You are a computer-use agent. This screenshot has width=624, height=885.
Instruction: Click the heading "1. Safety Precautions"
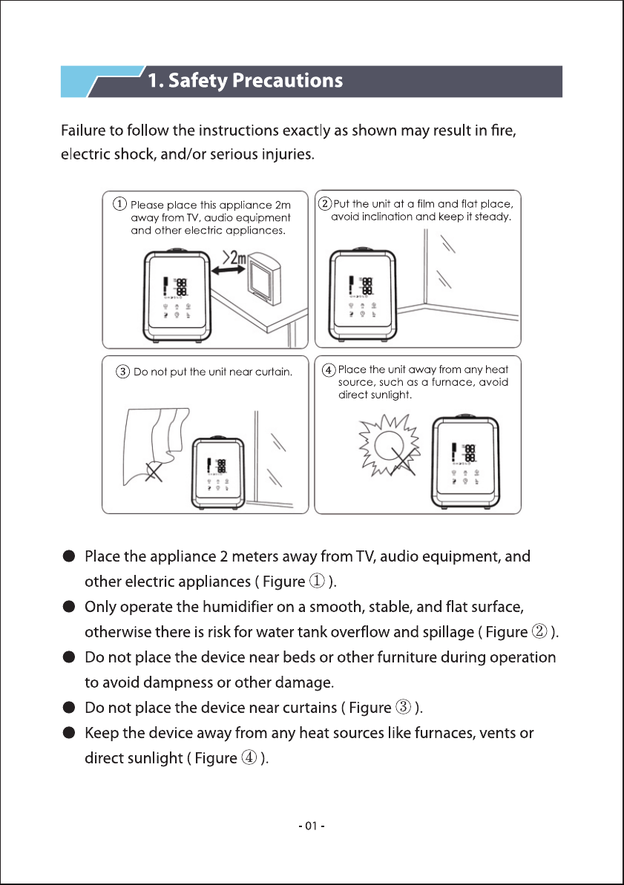click(x=245, y=81)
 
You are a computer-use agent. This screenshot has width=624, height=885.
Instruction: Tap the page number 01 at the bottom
click(x=311, y=826)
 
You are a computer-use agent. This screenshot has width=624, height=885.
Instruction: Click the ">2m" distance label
click(x=235, y=258)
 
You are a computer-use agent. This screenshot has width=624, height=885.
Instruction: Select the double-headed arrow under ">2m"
click(x=228, y=271)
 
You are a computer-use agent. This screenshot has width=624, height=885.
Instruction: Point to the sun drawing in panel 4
click(x=390, y=445)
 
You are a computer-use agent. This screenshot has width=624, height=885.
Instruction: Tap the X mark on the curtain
click(x=152, y=471)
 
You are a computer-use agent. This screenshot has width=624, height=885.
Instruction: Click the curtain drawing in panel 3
click(x=154, y=446)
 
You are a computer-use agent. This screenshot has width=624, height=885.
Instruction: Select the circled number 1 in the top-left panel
click(x=119, y=204)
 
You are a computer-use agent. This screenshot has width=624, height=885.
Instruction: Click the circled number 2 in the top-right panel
click(x=325, y=203)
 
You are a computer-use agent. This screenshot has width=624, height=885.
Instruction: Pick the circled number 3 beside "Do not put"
click(x=122, y=372)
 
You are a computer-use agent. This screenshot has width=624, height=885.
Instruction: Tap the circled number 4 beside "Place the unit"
click(x=329, y=369)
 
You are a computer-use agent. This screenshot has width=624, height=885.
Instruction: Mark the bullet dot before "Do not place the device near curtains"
click(x=69, y=708)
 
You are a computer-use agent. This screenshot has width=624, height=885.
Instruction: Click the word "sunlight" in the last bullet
click(x=155, y=758)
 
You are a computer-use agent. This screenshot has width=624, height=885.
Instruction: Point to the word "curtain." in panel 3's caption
click(x=274, y=372)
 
